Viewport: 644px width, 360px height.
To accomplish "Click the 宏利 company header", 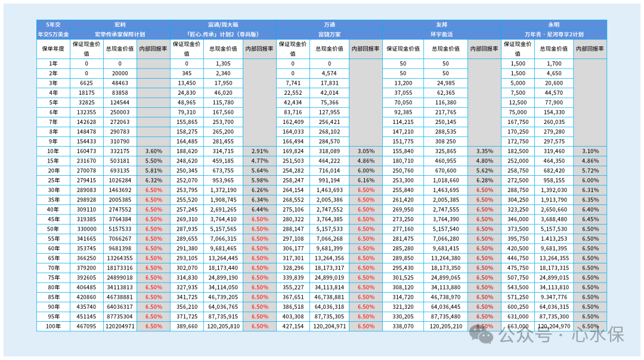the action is tap(120, 24).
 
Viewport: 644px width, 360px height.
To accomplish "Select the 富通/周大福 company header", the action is tap(223, 24).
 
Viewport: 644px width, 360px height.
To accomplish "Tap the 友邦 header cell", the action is tap(441, 24).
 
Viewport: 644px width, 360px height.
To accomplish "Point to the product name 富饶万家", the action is tap(329, 35).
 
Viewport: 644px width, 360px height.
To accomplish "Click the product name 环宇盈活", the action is tap(441, 35).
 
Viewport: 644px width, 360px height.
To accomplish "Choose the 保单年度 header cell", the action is tap(54, 49).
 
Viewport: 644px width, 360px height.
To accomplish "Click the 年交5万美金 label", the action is tap(54, 35).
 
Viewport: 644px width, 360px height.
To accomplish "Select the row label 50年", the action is tap(54, 229).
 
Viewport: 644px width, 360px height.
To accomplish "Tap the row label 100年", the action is tap(54, 327).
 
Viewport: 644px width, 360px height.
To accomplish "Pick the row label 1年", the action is tap(54, 64).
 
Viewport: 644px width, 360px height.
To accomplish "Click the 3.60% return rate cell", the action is tap(154, 151).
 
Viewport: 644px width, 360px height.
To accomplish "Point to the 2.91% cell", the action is tap(259, 151).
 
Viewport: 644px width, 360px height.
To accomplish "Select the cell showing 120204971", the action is tap(120, 327).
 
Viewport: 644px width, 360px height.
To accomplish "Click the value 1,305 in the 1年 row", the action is tap(223, 64).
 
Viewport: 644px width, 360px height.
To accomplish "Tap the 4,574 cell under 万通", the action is tap(329, 73).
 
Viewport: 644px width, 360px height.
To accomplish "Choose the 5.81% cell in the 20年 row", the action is tap(154, 171).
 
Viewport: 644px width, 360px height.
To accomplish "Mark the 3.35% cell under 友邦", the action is tap(485, 151).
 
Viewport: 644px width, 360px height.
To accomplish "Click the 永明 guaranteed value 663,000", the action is tap(518, 327).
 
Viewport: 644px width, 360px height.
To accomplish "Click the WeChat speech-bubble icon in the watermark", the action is tap(481, 334).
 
